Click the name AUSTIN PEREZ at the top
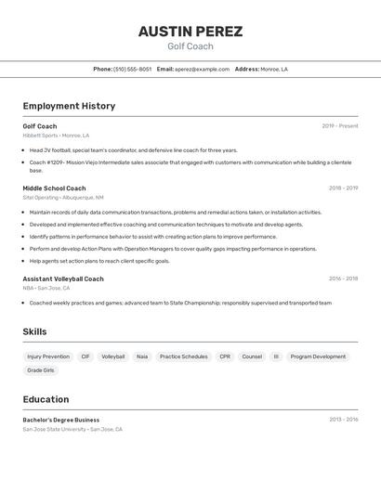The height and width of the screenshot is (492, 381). click(x=190, y=32)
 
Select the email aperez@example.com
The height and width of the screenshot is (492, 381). click(x=202, y=69)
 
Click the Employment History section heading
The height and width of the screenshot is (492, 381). click(x=69, y=106)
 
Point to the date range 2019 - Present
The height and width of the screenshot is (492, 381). click(x=340, y=126)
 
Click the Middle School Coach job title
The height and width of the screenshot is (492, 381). click(x=54, y=188)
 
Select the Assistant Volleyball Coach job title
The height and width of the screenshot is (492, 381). click(x=63, y=278)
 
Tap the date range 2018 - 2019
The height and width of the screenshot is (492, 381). click(x=343, y=188)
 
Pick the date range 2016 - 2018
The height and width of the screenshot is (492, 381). click(x=343, y=278)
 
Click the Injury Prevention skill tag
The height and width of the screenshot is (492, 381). click(x=48, y=356)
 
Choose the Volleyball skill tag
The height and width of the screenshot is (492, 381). click(x=113, y=356)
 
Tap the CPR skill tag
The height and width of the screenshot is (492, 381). click(x=225, y=356)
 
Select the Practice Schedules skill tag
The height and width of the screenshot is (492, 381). click(x=183, y=356)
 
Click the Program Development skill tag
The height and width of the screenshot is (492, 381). click(x=318, y=356)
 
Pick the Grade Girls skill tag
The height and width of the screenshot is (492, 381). click(x=41, y=370)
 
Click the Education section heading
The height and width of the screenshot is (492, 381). click(x=46, y=399)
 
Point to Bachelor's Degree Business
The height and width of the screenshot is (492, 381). click(x=61, y=420)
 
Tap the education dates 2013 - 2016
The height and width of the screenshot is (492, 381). click(x=343, y=420)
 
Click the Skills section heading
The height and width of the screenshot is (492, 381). click(x=34, y=331)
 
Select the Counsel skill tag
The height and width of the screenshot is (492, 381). click(x=252, y=356)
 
